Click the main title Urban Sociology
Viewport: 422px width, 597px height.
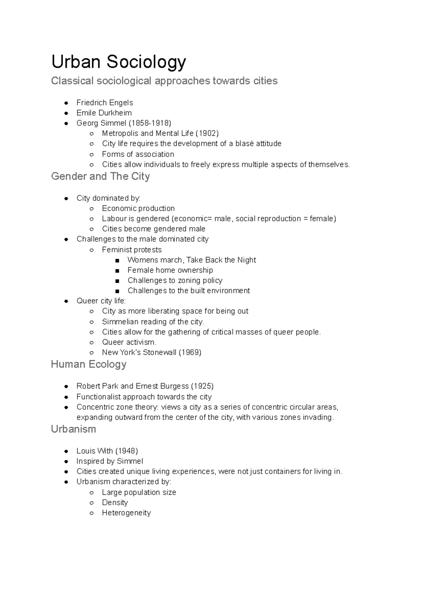click(x=119, y=62)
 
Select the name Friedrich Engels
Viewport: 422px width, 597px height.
click(x=105, y=103)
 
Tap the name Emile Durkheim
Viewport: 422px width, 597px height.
click(x=104, y=113)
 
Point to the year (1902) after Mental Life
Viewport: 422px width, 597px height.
click(x=207, y=133)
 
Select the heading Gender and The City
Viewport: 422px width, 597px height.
click(x=100, y=176)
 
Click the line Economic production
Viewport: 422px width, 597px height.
click(x=138, y=208)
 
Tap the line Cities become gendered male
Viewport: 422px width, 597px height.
click(x=154, y=229)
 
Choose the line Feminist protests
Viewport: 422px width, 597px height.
click(x=132, y=250)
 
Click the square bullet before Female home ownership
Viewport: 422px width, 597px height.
click(x=117, y=270)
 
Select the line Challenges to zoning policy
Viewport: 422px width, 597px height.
click(x=175, y=281)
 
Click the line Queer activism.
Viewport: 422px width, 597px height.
click(x=129, y=342)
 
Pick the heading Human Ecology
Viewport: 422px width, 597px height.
click(x=89, y=364)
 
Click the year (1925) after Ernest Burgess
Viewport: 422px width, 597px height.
click(x=202, y=386)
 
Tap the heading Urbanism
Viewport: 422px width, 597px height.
click(x=73, y=429)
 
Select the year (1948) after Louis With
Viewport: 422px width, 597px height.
click(x=127, y=451)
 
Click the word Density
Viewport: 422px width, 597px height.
click(x=115, y=502)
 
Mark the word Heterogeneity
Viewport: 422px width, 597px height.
click(x=126, y=513)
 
